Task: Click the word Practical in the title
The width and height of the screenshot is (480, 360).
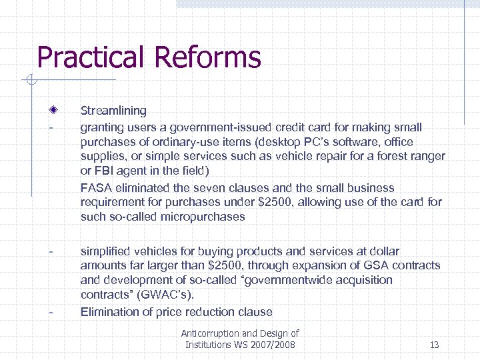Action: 91,58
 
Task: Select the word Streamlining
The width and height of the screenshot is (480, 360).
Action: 113,111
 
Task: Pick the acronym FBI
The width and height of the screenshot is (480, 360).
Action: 104,171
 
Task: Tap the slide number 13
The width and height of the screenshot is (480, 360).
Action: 434,345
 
